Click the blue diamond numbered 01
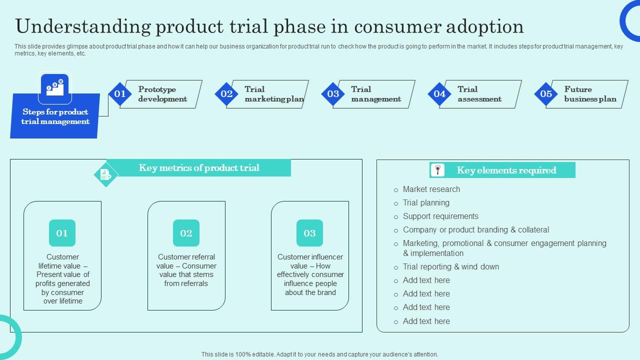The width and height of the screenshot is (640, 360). [120, 94]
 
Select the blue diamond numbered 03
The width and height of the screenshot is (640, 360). [333, 94]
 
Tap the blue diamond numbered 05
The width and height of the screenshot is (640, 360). [546, 94]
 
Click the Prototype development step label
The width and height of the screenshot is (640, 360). [162, 94]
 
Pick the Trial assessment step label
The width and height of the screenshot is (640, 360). [479, 94]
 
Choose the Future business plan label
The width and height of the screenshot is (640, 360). [590, 94]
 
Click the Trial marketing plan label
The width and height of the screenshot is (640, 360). [274, 94]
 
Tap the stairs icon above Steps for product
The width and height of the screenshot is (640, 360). [55, 88]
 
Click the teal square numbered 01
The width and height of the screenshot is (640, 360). [62, 233]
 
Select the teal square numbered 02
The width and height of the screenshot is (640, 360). [186, 233]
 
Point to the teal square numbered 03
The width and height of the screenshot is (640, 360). [309, 233]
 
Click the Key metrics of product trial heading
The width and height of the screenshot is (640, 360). [199, 168]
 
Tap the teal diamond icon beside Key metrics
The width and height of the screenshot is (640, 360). [106, 175]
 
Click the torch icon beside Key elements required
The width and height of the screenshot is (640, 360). [437, 170]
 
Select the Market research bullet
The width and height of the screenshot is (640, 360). [431, 189]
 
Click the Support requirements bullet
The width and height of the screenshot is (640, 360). [440, 216]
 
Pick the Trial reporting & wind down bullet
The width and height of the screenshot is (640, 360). [450, 267]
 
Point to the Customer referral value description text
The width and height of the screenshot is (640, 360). [186, 270]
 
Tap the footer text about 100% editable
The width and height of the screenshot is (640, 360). [320, 354]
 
